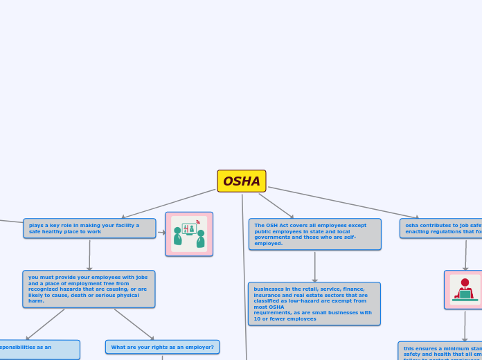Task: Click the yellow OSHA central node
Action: [x=242, y=181]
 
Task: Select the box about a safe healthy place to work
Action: [x=89, y=228]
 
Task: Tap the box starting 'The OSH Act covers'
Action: [x=314, y=234]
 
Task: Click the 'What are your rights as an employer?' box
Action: [x=162, y=347]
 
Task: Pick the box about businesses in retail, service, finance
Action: [x=314, y=303]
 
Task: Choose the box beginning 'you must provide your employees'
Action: [x=89, y=289]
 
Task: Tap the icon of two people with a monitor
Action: [x=189, y=234]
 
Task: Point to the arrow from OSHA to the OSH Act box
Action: [x=276, y=206]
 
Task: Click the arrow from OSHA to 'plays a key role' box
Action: [x=169, y=204]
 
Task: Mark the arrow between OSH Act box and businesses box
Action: [x=314, y=267]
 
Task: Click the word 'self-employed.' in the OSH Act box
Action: [x=269, y=243]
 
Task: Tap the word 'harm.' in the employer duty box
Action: [x=36, y=301]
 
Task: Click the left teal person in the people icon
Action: [x=177, y=237]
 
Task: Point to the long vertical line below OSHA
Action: [x=244, y=277]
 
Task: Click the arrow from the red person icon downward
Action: [x=465, y=325]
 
